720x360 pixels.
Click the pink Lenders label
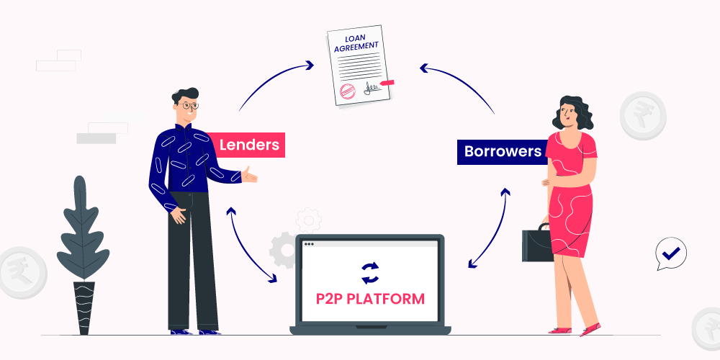[x=248, y=145]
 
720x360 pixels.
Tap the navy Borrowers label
[x=503, y=152]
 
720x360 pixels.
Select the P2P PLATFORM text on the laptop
[x=370, y=298]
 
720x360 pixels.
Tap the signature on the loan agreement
[x=373, y=88]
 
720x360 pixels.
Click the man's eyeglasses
[x=189, y=106]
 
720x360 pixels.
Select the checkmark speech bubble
[x=671, y=253]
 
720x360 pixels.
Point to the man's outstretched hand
[x=248, y=175]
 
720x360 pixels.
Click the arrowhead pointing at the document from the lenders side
[x=309, y=65]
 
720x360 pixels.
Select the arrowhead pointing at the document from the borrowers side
[x=424, y=69]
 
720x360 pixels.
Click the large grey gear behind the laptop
[x=284, y=249]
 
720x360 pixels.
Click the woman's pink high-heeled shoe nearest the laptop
[x=558, y=329]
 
